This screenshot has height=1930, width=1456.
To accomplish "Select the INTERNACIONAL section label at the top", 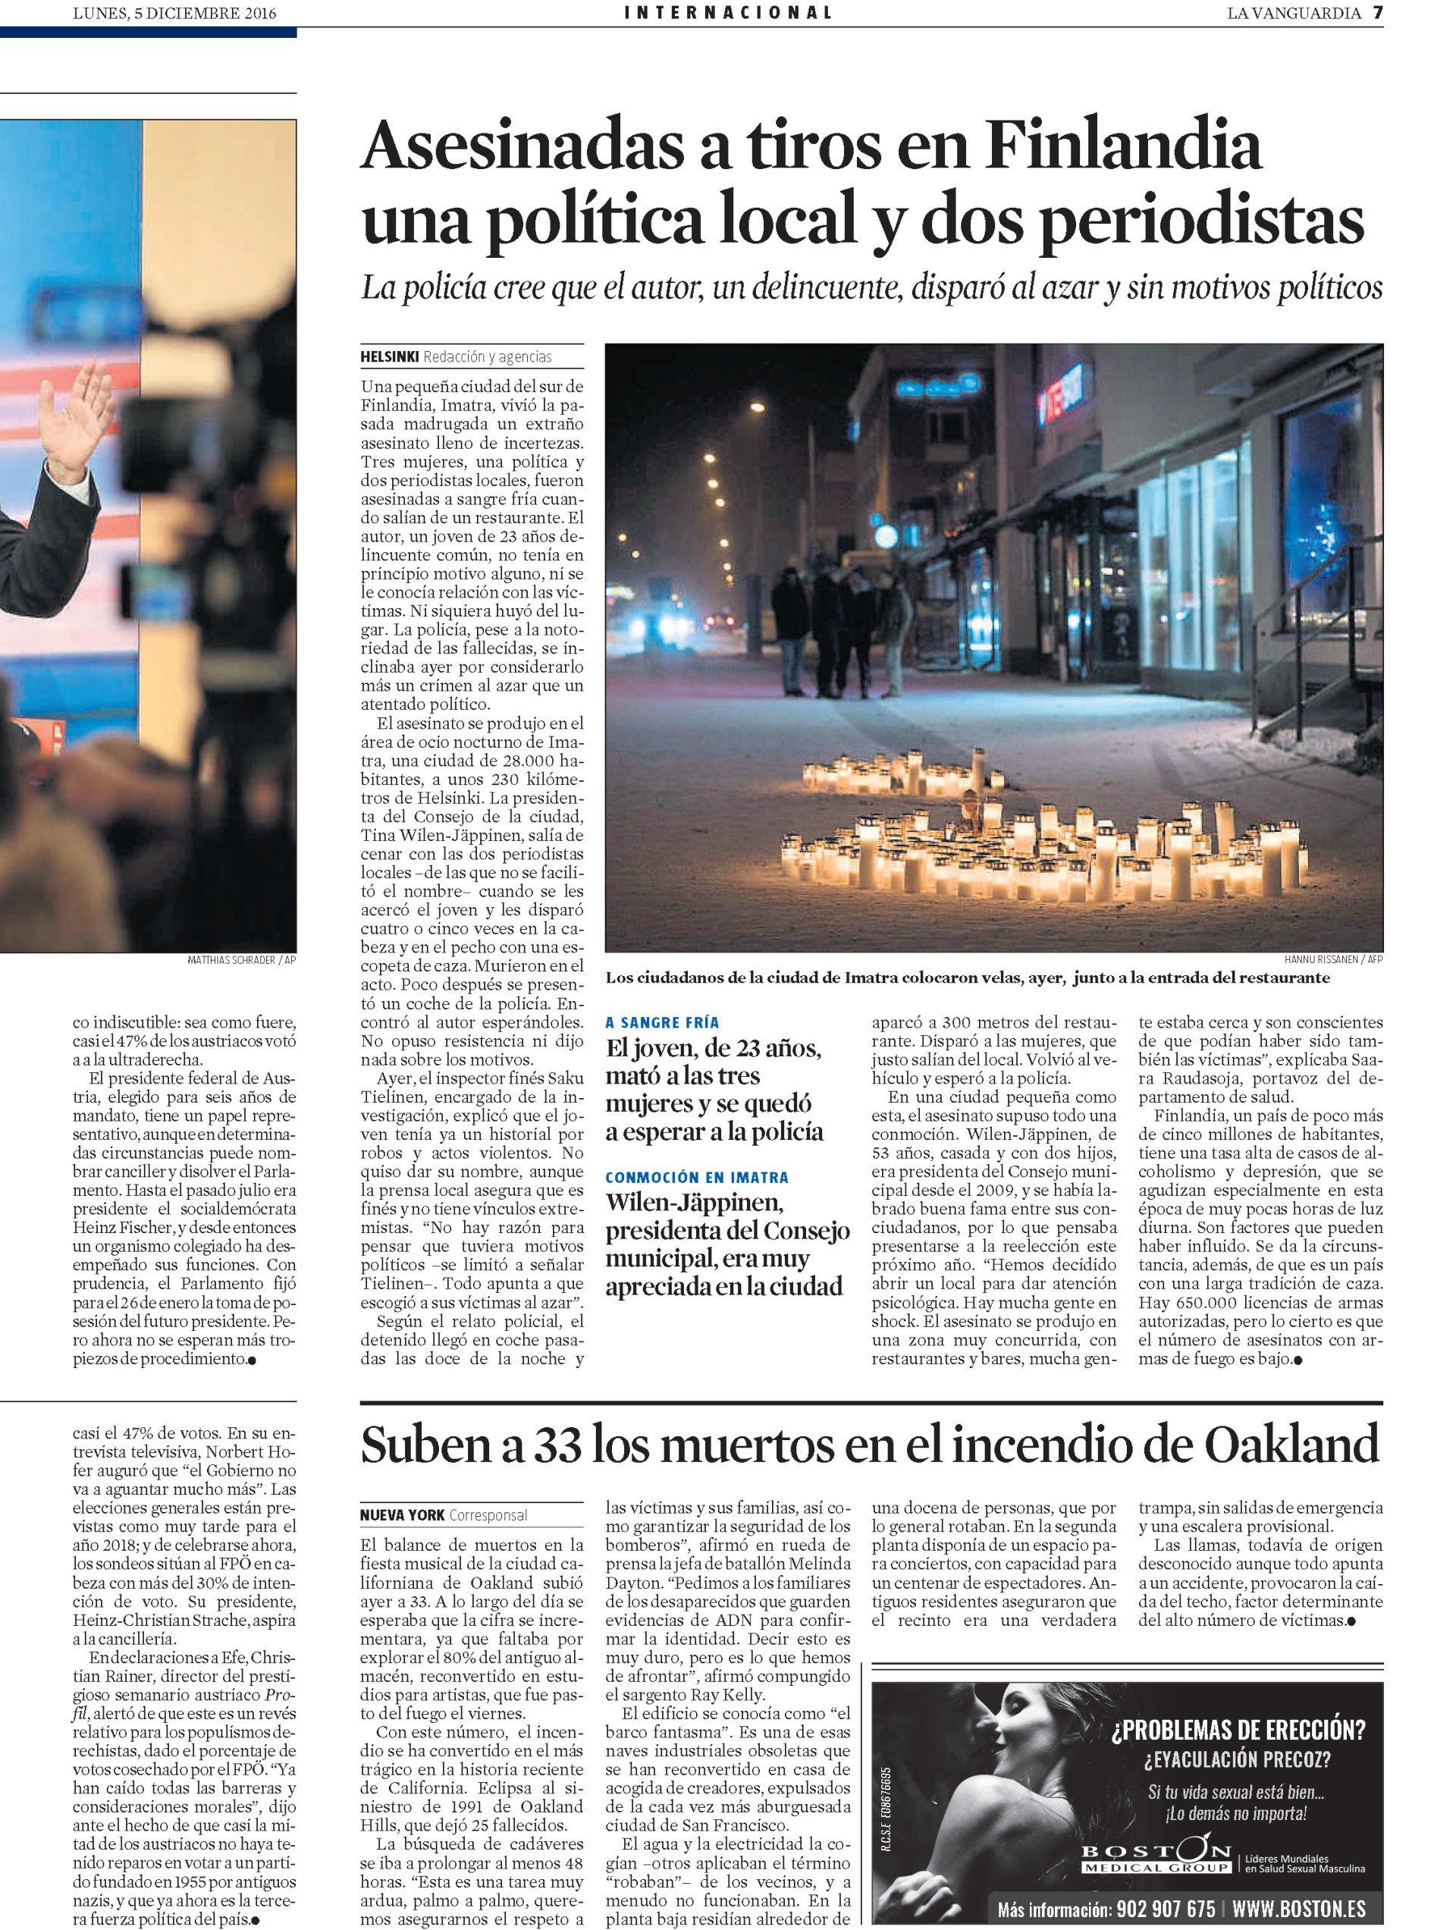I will [x=727, y=12].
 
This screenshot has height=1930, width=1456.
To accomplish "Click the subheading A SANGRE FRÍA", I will [x=663, y=1021].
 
